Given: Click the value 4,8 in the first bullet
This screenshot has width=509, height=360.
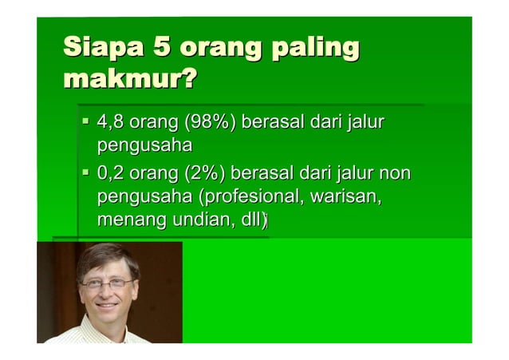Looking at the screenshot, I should (109, 124).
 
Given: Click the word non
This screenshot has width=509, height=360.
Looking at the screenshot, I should (395, 173).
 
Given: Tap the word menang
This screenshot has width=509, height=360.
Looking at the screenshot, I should (126, 220).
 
